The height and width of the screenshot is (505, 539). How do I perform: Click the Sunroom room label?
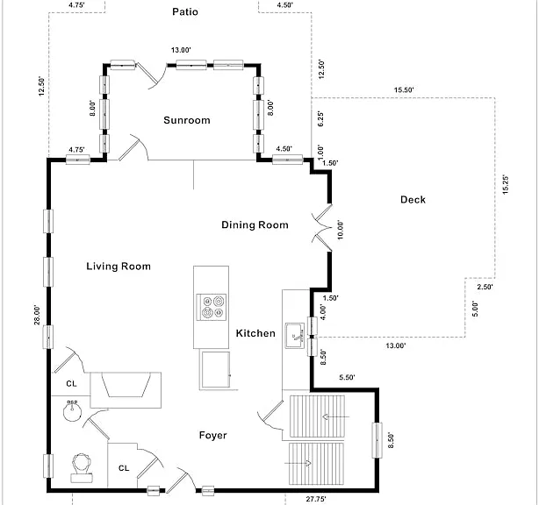click(187, 120)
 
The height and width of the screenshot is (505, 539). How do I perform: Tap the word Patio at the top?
click(185, 12)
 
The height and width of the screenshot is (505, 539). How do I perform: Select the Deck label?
click(413, 200)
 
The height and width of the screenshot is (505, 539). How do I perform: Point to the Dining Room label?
click(255, 224)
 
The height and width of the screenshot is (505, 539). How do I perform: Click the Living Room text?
click(119, 267)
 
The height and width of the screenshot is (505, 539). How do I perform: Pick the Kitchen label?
click(255, 333)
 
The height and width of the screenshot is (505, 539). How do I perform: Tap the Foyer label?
click(212, 436)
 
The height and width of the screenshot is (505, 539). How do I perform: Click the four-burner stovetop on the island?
click(212, 307)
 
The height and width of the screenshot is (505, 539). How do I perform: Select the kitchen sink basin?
click(295, 336)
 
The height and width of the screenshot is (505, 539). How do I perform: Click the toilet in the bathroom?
click(82, 468)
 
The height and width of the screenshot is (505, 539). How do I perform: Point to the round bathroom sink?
click(72, 410)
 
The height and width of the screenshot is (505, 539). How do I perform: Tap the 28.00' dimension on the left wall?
click(37, 315)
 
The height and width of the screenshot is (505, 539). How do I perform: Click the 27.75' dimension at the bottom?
click(316, 499)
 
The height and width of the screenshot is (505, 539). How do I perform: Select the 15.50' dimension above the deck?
click(404, 90)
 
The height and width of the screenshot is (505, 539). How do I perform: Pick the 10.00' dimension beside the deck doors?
click(340, 230)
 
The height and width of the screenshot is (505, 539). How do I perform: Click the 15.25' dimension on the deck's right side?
click(506, 185)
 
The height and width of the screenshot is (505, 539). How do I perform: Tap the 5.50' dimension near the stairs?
click(347, 377)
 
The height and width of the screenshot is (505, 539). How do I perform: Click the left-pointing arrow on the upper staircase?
click(336, 417)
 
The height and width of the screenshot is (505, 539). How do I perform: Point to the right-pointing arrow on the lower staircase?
click(298, 464)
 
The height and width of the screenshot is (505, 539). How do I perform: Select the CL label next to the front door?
click(124, 468)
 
